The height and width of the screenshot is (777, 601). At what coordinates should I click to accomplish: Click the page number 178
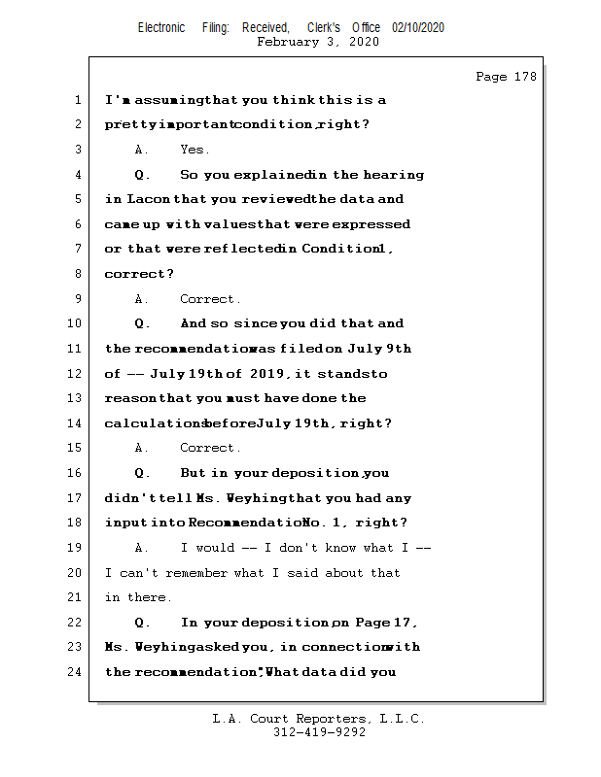[525, 77]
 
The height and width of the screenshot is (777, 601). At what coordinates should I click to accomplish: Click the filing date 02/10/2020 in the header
[418, 27]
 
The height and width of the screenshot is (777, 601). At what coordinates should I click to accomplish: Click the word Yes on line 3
[194, 150]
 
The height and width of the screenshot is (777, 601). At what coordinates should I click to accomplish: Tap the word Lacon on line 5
[149, 199]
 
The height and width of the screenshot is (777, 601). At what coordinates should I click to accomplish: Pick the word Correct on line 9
[209, 299]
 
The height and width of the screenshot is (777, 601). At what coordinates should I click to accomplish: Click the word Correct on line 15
[209, 448]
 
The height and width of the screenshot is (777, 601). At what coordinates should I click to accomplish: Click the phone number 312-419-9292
[320, 733]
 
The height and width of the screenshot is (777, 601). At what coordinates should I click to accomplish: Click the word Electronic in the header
[161, 27]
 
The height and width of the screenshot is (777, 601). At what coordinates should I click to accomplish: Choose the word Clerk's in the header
[324, 27]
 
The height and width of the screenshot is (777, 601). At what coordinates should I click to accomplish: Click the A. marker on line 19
[142, 548]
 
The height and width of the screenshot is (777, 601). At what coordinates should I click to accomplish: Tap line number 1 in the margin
[77, 100]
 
